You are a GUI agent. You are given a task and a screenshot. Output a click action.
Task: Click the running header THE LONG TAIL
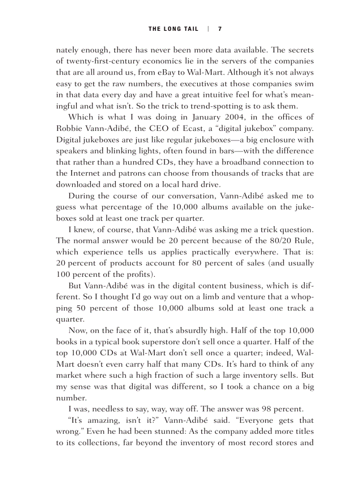click(x=173, y=29)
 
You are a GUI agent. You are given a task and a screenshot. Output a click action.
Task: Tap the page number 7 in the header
click(x=220, y=29)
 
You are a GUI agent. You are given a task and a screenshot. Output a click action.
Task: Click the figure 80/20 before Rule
click(x=283, y=241)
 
